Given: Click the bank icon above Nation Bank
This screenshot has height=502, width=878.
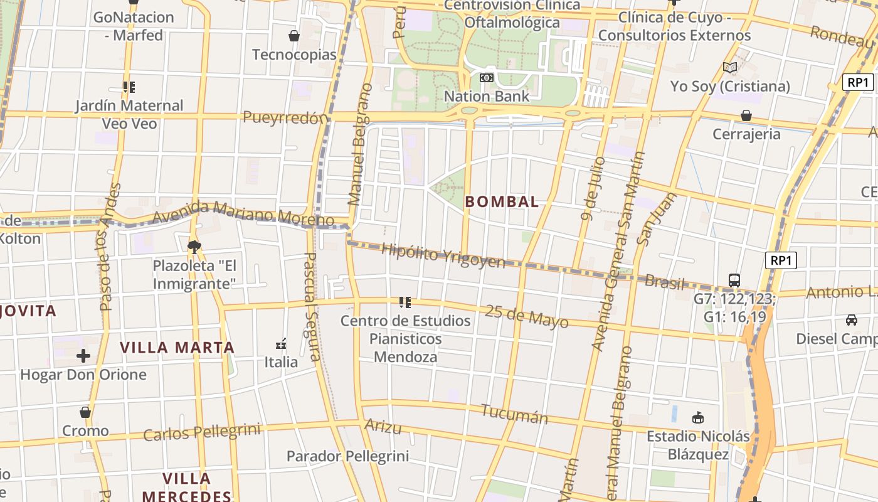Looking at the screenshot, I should pyautogui.click(x=486, y=78).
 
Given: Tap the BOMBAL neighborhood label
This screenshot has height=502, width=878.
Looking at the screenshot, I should pyautogui.click(x=502, y=201).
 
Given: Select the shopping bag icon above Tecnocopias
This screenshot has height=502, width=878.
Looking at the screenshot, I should pyautogui.click(x=294, y=36).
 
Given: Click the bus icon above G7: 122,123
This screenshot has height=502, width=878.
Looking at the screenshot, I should pyautogui.click(x=734, y=280).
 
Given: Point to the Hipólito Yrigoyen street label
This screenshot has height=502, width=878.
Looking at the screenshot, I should pyautogui.click(x=443, y=255).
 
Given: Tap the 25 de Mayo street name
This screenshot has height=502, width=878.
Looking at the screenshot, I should pyautogui.click(x=527, y=316).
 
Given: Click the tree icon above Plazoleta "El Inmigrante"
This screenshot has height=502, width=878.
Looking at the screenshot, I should pyautogui.click(x=194, y=247).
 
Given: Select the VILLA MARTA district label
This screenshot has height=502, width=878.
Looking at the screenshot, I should pyautogui.click(x=177, y=348).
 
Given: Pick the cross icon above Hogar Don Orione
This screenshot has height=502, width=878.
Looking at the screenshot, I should pyautogui.click(x=83, y=356).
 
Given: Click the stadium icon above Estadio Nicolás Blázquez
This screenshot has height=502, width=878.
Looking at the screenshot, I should pyautogui.click(x=697, y=417).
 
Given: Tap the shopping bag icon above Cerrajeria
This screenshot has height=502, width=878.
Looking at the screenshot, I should pyautogui.click(x=746, y=115).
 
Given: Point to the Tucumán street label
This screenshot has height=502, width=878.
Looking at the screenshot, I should pyautogui.click(x=514, y=414).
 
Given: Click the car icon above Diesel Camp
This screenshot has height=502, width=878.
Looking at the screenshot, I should pyautogui.click(x=851, y=320).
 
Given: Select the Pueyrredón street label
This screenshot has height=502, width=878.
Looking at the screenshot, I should pyautogui.click(x=285, y=117).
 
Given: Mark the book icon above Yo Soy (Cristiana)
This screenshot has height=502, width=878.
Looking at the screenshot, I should pyautogui.click(x=729, y=67).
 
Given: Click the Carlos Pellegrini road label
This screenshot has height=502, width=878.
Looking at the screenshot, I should pyautogui.click(x=201, y=432).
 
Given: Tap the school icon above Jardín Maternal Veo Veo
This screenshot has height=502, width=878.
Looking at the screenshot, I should pyautogui.click(x=129, y=87).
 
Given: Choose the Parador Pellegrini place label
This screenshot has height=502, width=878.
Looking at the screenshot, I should pyautogui.click(x=347, y=456).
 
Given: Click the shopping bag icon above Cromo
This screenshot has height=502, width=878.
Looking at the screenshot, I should pyautogui.click(x=85, y=412).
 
